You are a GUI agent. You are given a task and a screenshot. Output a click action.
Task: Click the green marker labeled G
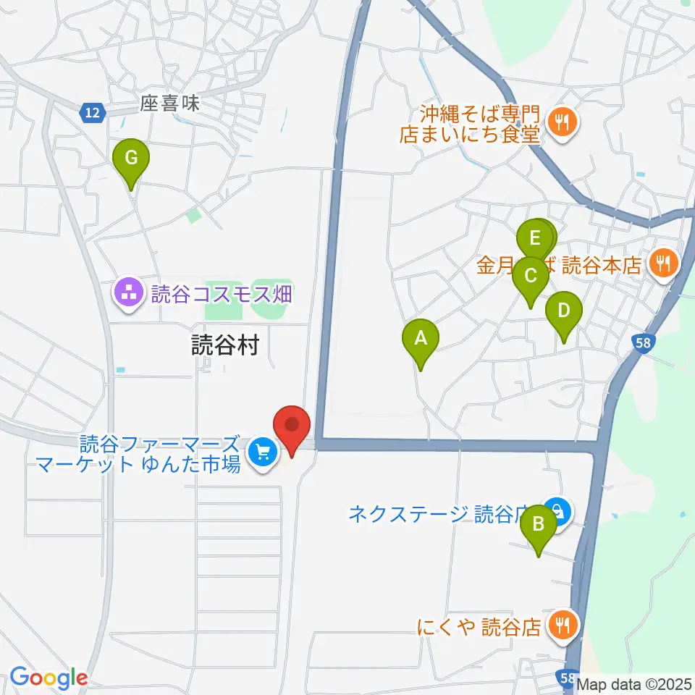pyautogui.click(x=131, y=158)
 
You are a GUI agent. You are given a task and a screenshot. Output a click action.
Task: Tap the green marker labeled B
pyautogui.click(x=539, y=523)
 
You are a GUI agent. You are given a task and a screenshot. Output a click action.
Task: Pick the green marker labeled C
pyautogui.click(x=530, y=277)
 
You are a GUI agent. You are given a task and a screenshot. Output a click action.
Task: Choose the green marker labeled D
pyautogui.click(x=564, y=311)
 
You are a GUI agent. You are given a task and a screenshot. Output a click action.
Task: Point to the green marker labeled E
pyautogui.click(x=534, y=238)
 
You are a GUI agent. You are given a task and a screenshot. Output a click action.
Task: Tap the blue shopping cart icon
pyautogui.click(x=261, y=454)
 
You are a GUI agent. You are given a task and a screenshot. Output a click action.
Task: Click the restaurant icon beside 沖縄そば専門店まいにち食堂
pyautogui.click(x=562, y=123)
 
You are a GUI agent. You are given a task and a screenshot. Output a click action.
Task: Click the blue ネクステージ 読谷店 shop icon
pyautogui.click(x=558, y=513)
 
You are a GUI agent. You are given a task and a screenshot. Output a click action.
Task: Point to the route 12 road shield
pyautogui.click(x=92, y=111)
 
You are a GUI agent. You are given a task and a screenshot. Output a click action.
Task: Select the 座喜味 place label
pyautogui.click(x=170, y=105)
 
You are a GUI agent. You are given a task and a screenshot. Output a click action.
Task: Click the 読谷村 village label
pyautogui.click(x=224, y=346)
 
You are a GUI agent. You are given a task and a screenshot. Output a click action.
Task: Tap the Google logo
pyautogui.click(x=48, y=678)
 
